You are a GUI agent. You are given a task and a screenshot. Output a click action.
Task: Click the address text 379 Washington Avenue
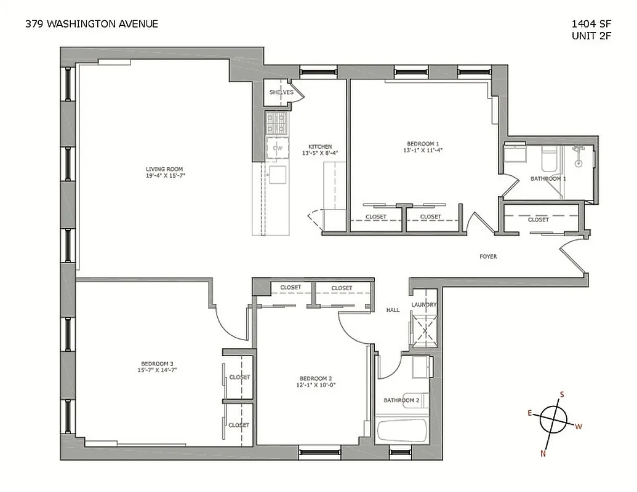(x=92, y=24)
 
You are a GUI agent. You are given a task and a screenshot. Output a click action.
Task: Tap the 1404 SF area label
(x=591, y=24)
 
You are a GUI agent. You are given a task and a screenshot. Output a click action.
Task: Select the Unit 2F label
(x=591, y=36)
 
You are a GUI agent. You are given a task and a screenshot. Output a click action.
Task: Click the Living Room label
(x=164, y=169)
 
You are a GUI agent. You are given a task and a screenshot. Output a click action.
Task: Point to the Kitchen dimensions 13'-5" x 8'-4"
(x=320, y=154)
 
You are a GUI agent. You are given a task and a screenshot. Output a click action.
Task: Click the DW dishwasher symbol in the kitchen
(x=278, y=148)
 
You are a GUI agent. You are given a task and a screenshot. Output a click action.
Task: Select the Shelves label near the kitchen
(x=281, y=92)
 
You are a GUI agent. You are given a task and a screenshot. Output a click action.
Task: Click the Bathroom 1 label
(x=548, y=178)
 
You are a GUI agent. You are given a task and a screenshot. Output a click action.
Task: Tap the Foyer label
(x=488, y=256)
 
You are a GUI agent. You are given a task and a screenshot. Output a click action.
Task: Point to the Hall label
(x=393, y=310)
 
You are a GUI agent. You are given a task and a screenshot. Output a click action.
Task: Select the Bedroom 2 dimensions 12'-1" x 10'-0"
(x=317, y=385)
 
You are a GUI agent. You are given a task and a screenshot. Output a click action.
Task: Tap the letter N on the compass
(x=543, y=454)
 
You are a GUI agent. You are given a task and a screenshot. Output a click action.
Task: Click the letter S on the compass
(x=562, y=395)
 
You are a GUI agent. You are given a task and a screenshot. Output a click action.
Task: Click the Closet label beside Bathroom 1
(x=539, y=220)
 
